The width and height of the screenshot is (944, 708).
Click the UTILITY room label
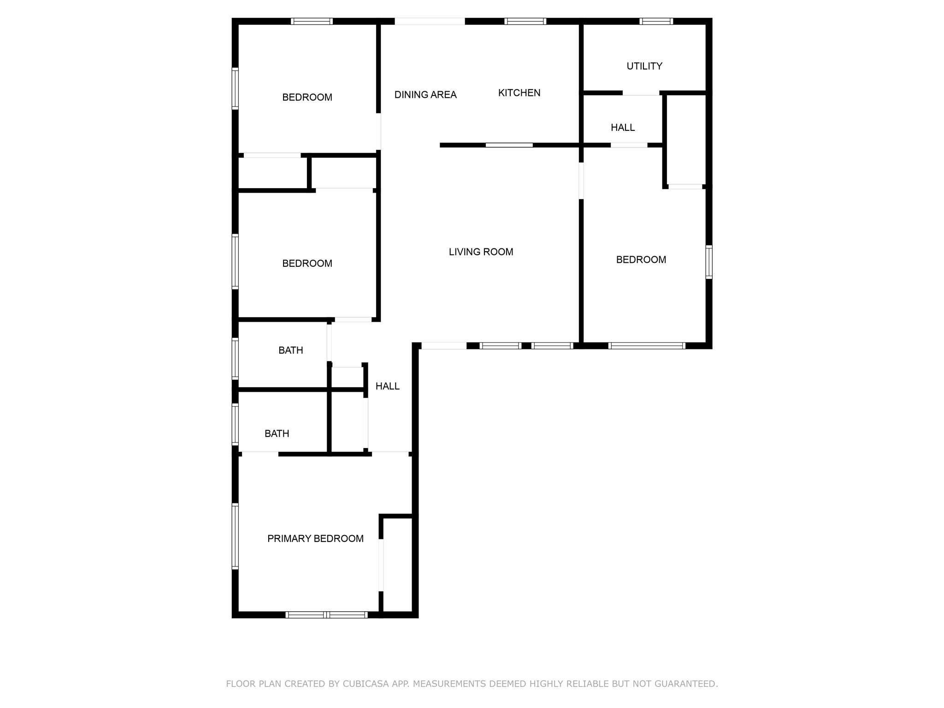(644, 66)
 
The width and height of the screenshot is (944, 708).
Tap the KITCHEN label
(519, 93)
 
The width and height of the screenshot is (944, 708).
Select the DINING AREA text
(425, 95)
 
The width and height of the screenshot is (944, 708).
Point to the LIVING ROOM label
(481, 252)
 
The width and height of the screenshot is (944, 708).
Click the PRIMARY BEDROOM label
(315, 539)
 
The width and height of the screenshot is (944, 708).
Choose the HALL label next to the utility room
(623, 128)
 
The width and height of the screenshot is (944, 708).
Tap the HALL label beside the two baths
(387, 386)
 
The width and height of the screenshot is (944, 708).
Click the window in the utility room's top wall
(656, 21)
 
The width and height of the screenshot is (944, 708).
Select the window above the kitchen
(525, 21)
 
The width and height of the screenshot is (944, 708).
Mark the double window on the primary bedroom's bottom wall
(326, 614)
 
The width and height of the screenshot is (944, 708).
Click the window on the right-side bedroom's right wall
(709, 262)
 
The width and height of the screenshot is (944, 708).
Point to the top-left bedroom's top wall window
(312, 21)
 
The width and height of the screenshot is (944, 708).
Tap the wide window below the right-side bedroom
(647, 346)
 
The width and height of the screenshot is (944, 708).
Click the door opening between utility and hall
(641, 93)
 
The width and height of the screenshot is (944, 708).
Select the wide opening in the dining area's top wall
(430, 21)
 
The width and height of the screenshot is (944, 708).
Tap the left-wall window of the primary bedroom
(235, 536)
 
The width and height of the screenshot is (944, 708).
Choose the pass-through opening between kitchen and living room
(509, 145)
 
